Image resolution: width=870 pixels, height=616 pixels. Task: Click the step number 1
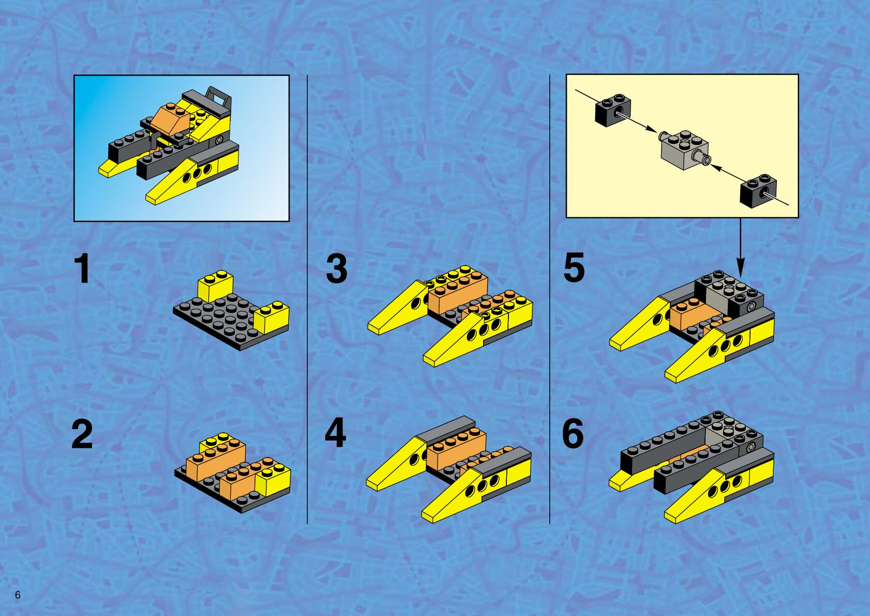(x=83, y=269)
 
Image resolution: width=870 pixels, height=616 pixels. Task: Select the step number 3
(x=336, y=269)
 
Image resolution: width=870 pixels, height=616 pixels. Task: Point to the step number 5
(x=574, y=268)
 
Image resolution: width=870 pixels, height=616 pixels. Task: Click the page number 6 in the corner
(x=18, y=595)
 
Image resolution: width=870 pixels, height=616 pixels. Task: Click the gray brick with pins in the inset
(x=684, y=150)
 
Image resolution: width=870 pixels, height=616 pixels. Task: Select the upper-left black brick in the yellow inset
(x=612, y=110)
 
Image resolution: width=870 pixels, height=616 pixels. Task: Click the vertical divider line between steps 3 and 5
(x=550, y=299)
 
